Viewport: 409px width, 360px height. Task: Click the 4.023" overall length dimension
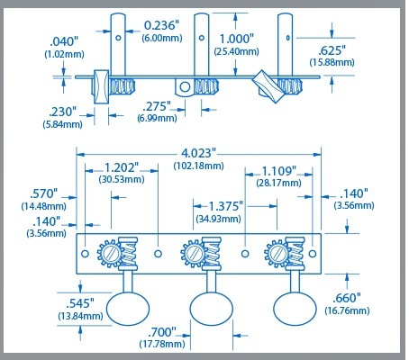198,153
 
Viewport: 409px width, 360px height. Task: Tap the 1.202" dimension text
122,167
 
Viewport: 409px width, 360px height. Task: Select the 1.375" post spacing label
225,206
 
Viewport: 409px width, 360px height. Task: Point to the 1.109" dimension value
279,171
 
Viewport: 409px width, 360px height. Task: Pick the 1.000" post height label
237,39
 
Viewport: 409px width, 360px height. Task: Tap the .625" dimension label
332,50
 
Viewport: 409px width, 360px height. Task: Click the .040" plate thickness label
64,41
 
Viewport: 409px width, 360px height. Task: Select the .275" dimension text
157,106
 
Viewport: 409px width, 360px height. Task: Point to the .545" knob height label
80,303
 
